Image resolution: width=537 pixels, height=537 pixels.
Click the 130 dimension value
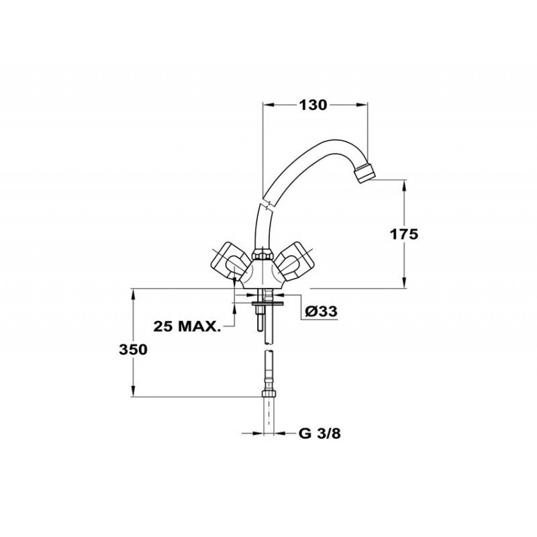pyautogui.click(x=313, y=105)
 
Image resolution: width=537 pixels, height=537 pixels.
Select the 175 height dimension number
pyautogui.click(x=404, y=234)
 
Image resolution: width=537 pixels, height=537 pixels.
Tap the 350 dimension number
pyautogui.click(x=133, y=350)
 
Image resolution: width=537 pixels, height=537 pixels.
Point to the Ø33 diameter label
pyautogui.click(x=321, y=311)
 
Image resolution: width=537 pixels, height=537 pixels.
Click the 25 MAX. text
pyautogui.click(x=187, y=326)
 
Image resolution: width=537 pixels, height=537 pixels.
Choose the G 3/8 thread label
pyautogui.click(x=320, y=434)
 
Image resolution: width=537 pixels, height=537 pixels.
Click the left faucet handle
pyautogui.click(x=228, y=261)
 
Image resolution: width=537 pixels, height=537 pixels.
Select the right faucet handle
pyautogui.click(x=294, y=261)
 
